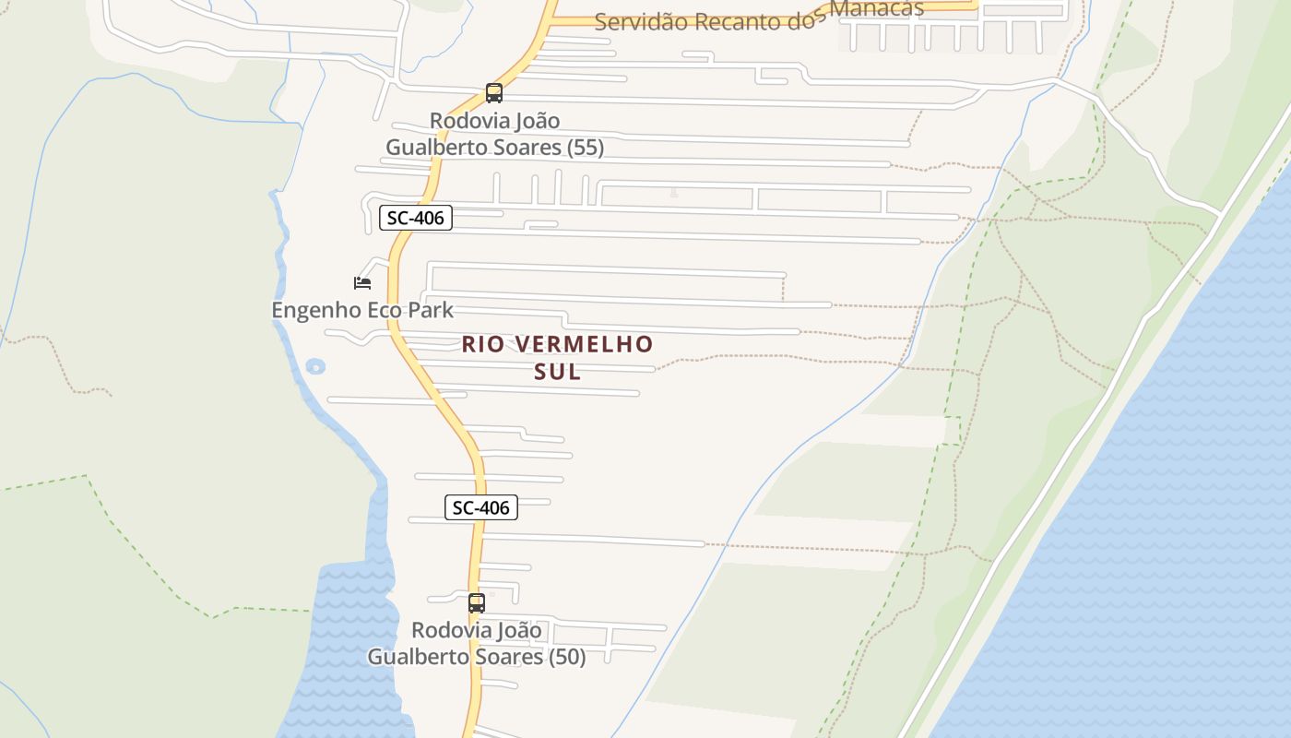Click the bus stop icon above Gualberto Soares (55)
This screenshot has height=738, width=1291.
pyautogui.click(x=494, y=93)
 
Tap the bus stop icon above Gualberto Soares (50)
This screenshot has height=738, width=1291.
pyautogui.click(x=477, y=603)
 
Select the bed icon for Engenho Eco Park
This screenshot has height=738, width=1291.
pyautogui.click(x=362, y=282)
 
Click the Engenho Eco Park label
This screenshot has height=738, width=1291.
pyautogui.click(x=362, y=310)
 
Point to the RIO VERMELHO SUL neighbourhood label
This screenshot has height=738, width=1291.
pyautogui.click(x=557, y=357)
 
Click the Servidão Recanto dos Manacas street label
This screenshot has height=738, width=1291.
pyautogui.click(x=758, y=18)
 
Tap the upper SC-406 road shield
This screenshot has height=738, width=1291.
pyautogui.click(x=416, y=219)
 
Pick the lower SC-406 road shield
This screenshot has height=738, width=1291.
pyautogui.click(x=481, y=507)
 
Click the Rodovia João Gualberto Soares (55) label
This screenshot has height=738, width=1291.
pyautogui.click(x=495, y=134)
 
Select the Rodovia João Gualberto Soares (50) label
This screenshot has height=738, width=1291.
pyautogui.click(x=477, y=643)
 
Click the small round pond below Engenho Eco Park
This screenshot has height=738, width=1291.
pyautogui.click(x=315, y=367)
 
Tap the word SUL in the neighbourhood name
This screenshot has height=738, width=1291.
pyautogui.click(x=557, y=372)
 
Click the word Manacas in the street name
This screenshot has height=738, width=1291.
pyautogui.click(x=876, y=9)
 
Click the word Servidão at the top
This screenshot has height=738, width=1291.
pyautogui.click(x=642, y=22)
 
